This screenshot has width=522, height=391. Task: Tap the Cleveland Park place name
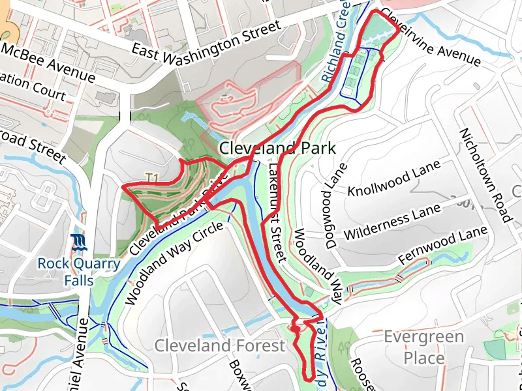tap(277, 149)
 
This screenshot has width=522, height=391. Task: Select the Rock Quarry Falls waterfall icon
tap(78, 244)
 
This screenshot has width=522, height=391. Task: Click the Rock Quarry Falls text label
tap(78, 272)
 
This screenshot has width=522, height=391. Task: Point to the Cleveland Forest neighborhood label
tap(219, 345)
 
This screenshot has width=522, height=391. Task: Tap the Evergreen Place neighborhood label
tap(423, 347)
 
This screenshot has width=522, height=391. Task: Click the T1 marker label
tap(153, 177)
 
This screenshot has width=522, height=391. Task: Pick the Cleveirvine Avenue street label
tap(431, 37)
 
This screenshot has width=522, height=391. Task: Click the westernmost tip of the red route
tap(123, 186)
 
